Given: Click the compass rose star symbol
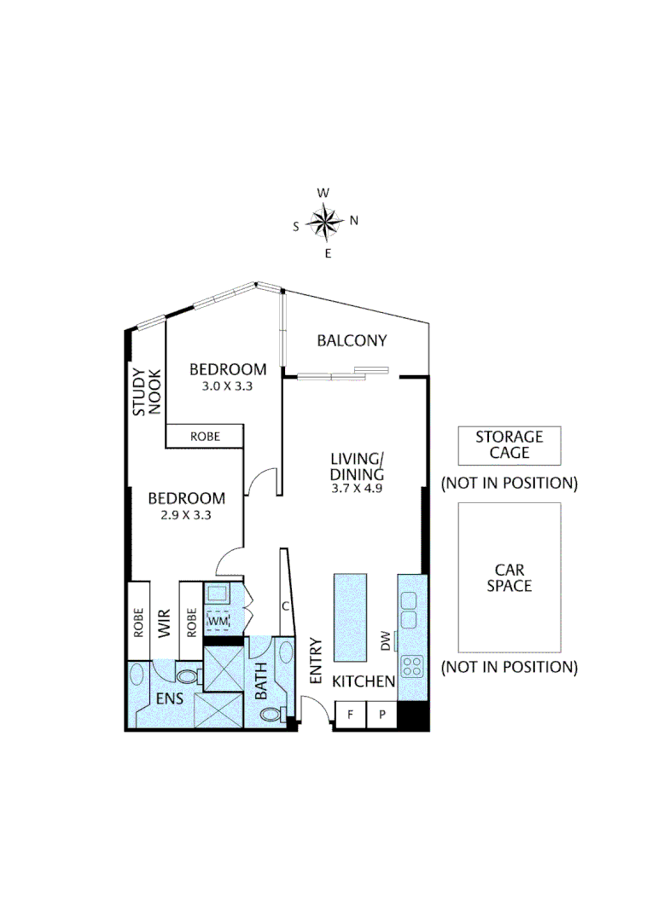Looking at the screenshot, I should pyautogui.click(x=324, y=222).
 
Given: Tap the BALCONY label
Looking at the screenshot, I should pyautogui.click(x=352, y=341).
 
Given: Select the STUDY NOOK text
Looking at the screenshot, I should pyautogui.click(x=146, y=392).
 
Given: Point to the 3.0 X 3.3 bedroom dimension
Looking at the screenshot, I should pyautogui.click(x=228, y=385).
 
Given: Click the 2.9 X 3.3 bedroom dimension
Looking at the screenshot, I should pyautogui.click(x=186, y=514).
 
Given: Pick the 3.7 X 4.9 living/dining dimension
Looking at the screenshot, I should pyautogui.click(x=358, y=489).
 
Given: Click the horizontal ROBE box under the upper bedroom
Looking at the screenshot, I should pyautogui.click(x=205, y=436).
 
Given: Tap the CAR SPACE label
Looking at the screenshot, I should pyautogui.click(x=509, y=577).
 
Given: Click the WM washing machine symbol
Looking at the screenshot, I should pyautogui.click(x=219, y=622).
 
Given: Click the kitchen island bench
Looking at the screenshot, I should pyautogui.click(x=350, y=616).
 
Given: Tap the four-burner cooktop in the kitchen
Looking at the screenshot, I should pyautogui.click(x=411, y=665).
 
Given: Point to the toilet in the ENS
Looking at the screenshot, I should pyautogui.click(x=188, y=676).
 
